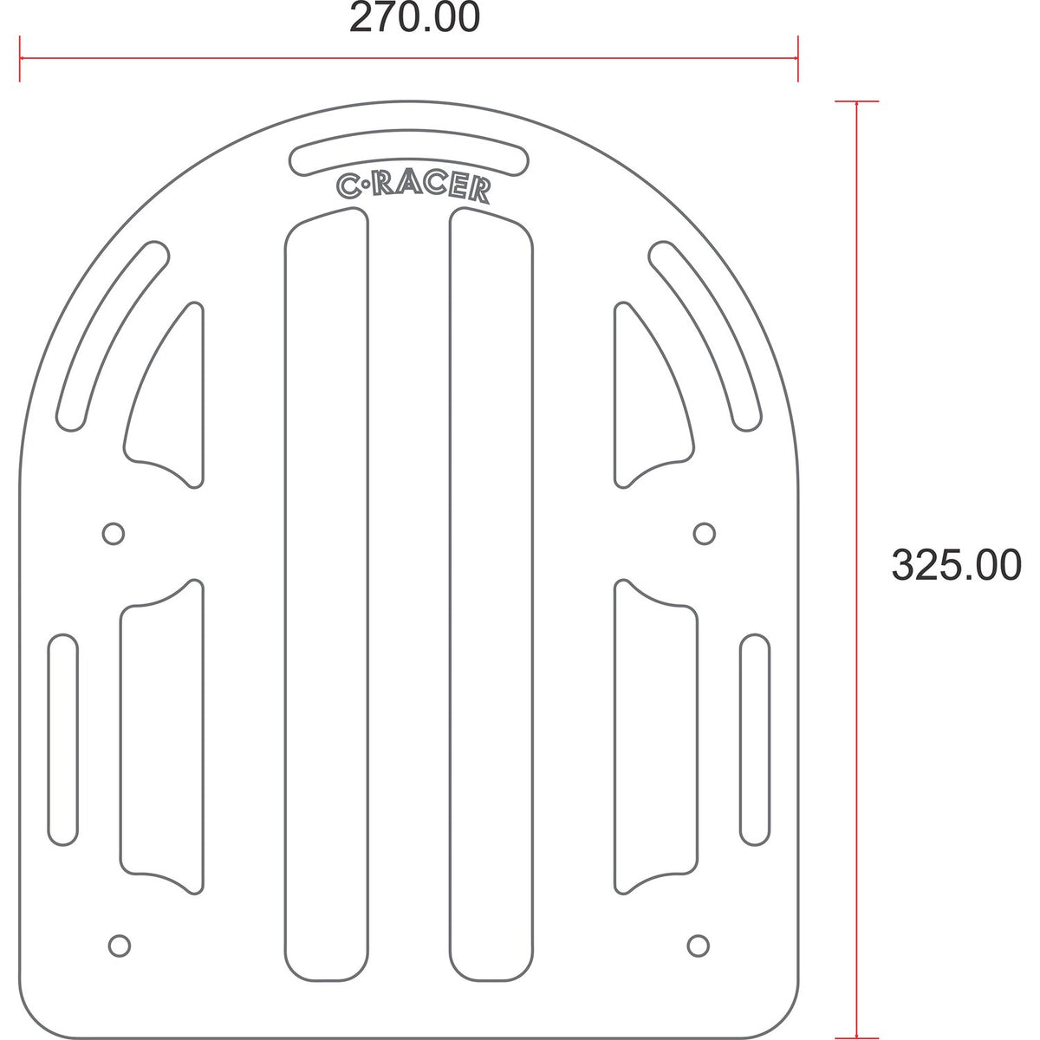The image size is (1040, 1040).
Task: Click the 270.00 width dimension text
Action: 414,17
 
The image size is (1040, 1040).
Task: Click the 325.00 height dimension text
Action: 956,565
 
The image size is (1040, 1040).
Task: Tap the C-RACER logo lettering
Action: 413,188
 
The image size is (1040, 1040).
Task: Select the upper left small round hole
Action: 114,534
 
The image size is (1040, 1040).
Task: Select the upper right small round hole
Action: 705,534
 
